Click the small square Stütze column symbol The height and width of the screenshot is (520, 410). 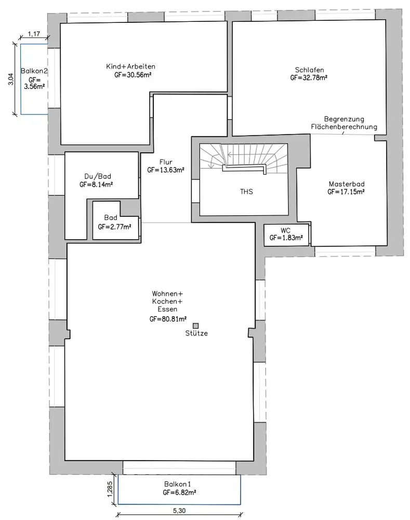pos(195,326)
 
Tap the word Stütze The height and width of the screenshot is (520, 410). pos(196,333)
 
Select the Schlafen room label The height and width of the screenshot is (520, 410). pos(309,70)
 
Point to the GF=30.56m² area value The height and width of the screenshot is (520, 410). pos(133,74)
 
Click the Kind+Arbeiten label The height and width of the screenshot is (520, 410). pos(130,67)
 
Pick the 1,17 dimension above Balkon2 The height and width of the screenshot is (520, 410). pos(34,33)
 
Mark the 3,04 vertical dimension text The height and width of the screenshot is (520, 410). pos(11,79)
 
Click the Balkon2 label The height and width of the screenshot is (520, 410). pos(34,71)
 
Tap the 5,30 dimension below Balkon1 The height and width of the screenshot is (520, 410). pos(179,511)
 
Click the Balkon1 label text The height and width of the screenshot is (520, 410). pos(177,484)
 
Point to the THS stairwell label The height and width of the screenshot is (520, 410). pos(246,191)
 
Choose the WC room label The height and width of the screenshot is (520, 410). pos(285,230)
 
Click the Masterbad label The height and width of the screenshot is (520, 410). pos(347,184)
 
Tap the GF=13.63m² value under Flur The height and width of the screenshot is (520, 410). pos(166,170)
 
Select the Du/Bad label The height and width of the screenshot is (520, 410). pos(98,176)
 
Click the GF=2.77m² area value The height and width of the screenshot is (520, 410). pos(114,227)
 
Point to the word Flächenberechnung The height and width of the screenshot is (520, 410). pos(344,127)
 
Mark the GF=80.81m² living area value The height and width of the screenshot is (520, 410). pos(168,319)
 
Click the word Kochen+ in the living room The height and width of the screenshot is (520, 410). pos(167,302)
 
